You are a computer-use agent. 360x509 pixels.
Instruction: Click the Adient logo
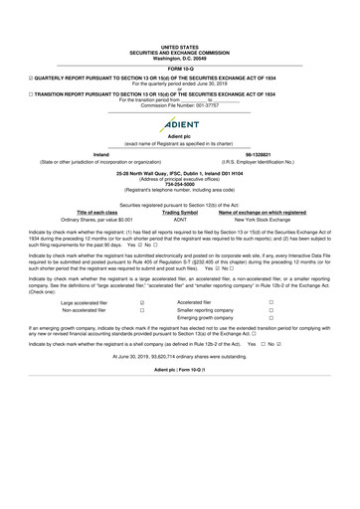coord(179,122)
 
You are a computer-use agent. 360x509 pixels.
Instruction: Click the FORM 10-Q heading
coord(179,67)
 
